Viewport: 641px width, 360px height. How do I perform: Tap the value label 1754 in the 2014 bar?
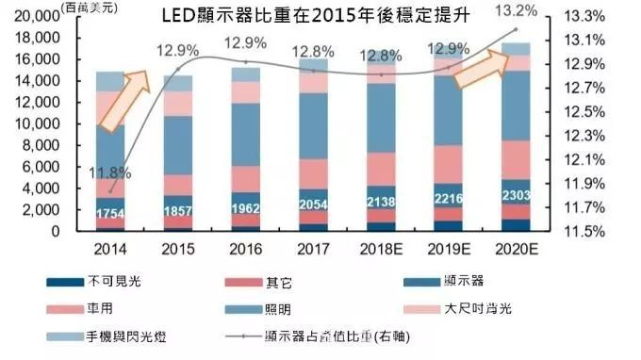click(x=112, y=214)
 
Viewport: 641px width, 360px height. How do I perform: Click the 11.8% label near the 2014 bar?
click(x=111, y=172)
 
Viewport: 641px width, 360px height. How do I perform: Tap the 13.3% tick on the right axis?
click(x=581, y=16)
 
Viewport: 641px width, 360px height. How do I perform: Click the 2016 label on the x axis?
click(x=245, y=249)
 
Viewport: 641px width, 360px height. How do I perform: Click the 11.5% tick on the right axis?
click(x=581, y=231)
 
